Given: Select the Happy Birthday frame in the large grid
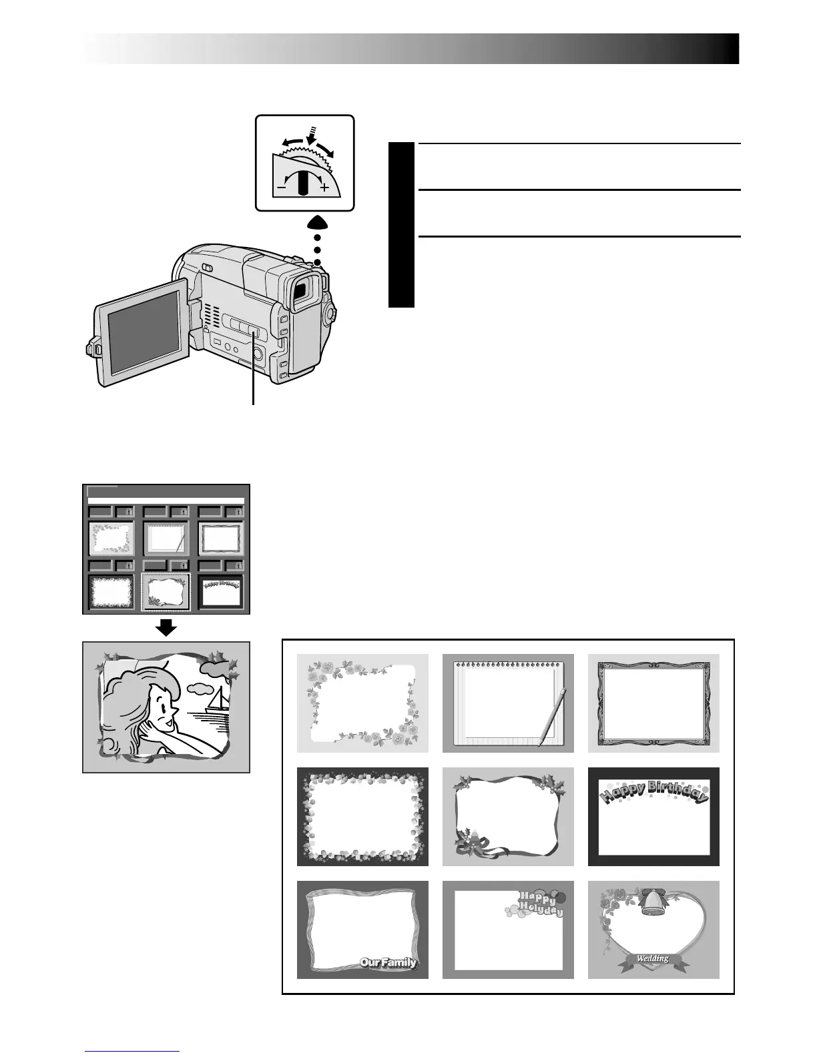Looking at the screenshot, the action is click(x=653, y=816).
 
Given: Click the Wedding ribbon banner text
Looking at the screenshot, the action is click(x=652, y=958).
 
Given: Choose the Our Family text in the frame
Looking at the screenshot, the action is click(x=388, y=962).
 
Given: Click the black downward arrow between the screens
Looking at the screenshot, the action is click(x=166, y=627).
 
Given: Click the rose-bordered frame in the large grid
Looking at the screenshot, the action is click(x=362, y=703).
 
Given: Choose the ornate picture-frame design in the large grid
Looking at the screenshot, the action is click(x=653, y=703).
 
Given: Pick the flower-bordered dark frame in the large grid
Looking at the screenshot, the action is click(x=362, y=816).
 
